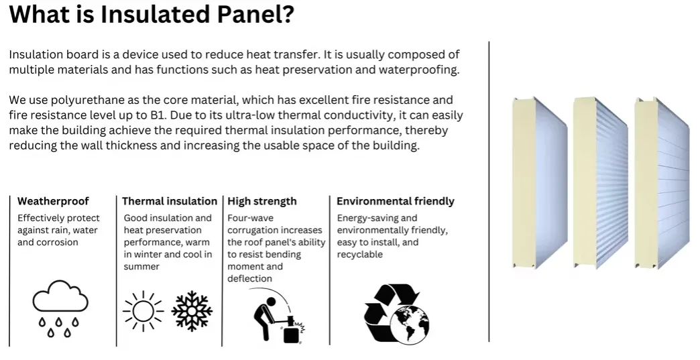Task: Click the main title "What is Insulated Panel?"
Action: (152, 14)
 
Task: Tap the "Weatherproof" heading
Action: (53, 201)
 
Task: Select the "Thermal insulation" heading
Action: (170, 201)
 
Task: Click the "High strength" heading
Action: (262, 201)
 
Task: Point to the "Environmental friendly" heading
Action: (396, 201)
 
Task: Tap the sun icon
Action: (142, 310)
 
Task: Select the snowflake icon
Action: (192, 310)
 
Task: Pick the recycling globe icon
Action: (396, 313)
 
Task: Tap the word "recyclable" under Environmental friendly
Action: (360, 255)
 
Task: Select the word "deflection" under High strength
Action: (250, 279)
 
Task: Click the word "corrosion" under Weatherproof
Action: (58, 243)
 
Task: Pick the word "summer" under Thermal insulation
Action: (141, 267)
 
